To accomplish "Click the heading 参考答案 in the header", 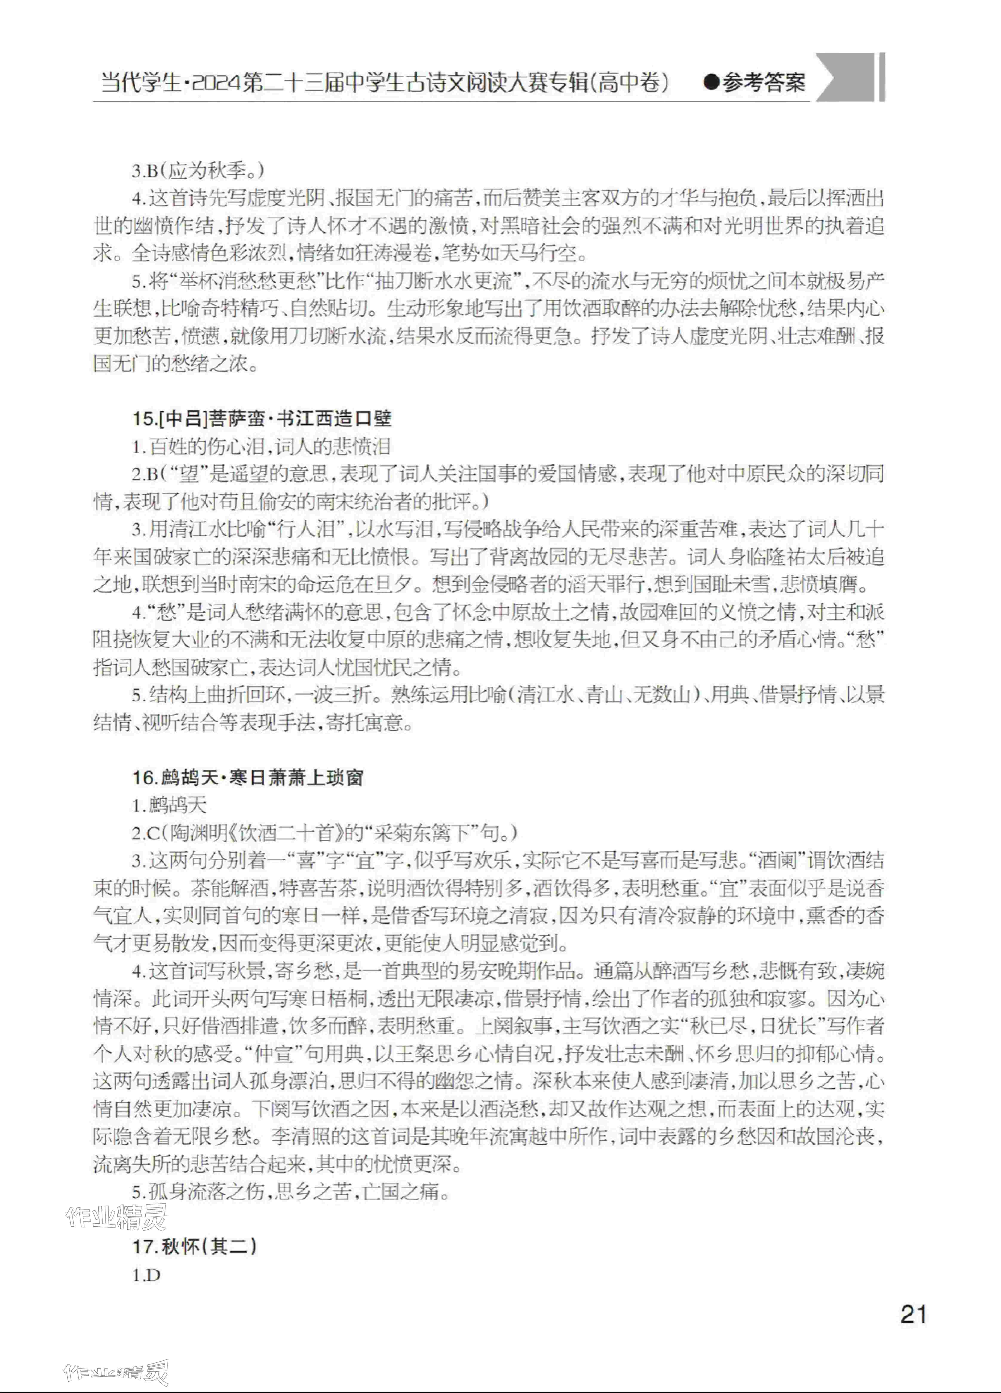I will point(763,82).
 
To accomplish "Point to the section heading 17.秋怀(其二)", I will point(194,1246).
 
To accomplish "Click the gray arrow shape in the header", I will point(844,78).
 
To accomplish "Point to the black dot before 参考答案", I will point(711,82).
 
